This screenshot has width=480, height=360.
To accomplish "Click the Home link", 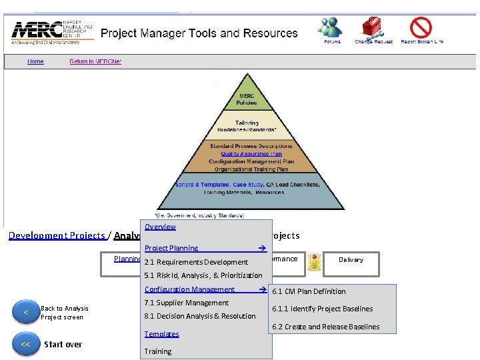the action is pos(35,61).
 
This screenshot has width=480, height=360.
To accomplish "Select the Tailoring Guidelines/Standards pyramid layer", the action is pos(247,125).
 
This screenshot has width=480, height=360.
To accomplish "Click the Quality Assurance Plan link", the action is pos(246,153).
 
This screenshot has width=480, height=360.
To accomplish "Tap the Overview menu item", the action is pos(160,227).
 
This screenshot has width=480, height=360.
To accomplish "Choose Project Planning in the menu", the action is pos(171,248).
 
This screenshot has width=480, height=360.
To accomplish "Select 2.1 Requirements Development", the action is pos(196,262).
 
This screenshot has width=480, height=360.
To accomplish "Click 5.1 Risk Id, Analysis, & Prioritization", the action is pos(203,275).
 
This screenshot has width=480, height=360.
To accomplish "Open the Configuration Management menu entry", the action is pos(190,289).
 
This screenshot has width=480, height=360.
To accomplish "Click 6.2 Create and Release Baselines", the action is pos(325,327).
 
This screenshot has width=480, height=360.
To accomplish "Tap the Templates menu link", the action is pos(162,334).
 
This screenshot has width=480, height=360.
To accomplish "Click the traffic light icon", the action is pos(314,262).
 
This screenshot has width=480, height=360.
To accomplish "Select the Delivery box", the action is pos(351,260).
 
